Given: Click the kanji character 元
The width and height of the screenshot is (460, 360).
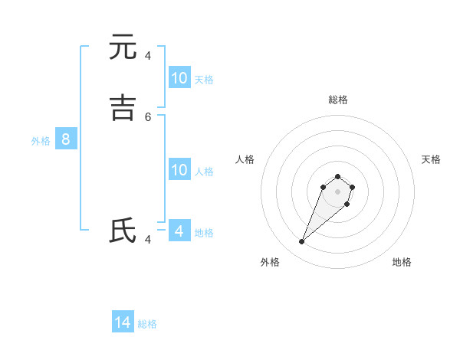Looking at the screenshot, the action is click(123, 47).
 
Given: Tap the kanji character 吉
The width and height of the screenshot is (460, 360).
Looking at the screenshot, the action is click(123, 107).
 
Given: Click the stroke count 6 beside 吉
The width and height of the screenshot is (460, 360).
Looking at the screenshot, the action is click(148, 116).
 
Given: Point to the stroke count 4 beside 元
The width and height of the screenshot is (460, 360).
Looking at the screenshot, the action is click(148, 55).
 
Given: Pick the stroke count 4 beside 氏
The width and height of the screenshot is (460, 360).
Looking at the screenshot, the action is click(148, 239).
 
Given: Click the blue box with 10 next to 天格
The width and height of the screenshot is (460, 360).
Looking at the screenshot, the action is click(179, 77).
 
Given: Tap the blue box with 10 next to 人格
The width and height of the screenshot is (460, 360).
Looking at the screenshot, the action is click(179, 170).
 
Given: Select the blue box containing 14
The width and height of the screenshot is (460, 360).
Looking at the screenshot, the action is click(123, 322).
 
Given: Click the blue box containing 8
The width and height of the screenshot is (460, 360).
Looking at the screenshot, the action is click(66, 139).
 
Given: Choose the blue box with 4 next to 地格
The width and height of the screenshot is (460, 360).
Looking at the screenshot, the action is click(179, 231).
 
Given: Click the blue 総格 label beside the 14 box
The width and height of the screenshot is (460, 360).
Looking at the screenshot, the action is click(147, 324).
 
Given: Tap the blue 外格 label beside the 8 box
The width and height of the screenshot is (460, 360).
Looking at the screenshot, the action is click(41, 141).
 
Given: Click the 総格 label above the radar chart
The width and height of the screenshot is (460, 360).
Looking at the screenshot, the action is click(337, 100).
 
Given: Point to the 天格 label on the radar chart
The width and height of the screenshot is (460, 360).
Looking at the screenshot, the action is click(431, 159).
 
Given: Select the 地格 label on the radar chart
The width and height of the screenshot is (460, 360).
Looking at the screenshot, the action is click(402, 262).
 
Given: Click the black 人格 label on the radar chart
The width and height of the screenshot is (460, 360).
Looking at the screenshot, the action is click(245, 159).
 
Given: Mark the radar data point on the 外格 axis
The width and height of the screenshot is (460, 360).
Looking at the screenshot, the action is click(301, 242).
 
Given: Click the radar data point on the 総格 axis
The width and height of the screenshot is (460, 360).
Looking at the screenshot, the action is click(337, 177).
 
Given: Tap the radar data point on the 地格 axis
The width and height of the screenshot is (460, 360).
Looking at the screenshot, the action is click(347, 204).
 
